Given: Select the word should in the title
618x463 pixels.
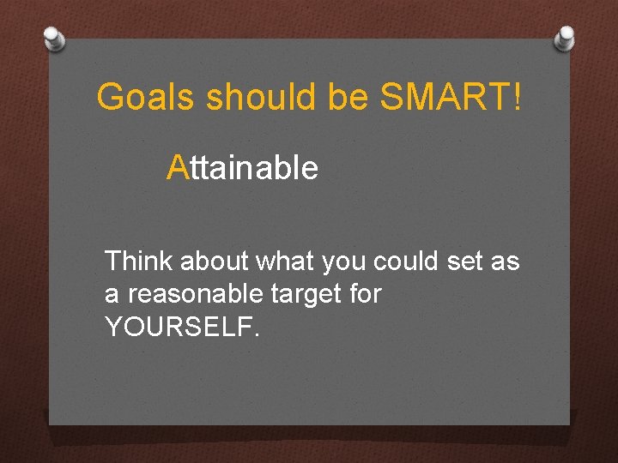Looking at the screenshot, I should pos(263,98).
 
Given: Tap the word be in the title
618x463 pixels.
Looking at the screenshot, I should pos(350,98).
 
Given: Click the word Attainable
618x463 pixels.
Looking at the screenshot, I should pos(243,168).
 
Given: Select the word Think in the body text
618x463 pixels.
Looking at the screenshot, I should pos(136,261).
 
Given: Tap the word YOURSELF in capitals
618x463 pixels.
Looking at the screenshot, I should pos(177,327).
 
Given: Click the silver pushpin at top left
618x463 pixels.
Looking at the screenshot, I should pos(53,38).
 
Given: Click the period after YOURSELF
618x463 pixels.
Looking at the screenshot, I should pos(255,334).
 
